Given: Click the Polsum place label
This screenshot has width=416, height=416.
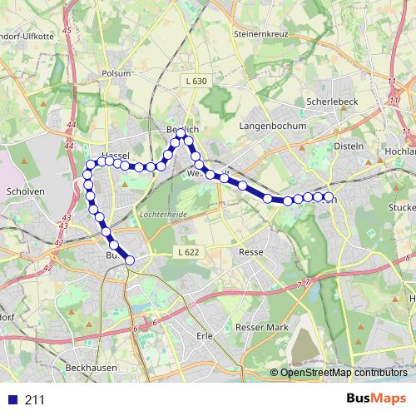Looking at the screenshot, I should (116, 73).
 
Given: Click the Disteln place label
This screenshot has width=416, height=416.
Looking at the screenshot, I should (349, 146).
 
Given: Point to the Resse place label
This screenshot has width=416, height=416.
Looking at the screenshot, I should (250, 251).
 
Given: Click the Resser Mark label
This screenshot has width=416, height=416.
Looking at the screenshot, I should (260, 328).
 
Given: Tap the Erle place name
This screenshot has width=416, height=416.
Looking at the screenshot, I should (204, 336).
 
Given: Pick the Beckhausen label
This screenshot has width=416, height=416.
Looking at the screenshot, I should (91, 367).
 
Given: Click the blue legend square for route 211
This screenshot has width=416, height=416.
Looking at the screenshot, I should (12, 399).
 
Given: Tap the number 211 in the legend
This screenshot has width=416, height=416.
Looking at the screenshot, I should (34, 399).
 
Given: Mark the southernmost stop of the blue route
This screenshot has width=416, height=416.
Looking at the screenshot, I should (130, 260).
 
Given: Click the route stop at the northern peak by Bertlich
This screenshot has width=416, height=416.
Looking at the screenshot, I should (181, 132).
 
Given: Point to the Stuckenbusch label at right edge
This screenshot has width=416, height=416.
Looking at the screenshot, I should (402, 206).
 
